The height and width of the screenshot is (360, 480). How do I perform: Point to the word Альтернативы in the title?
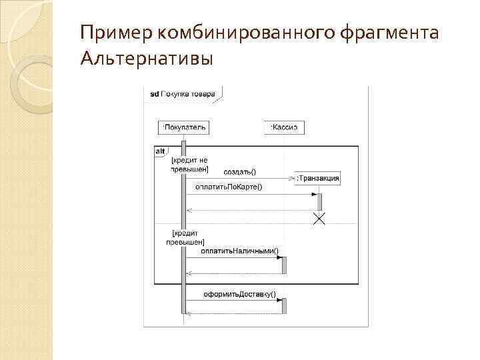click(147, 59)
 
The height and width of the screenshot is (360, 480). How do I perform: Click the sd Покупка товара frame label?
click(182, 94)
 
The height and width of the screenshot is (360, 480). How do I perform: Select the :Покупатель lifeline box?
click(183, 127)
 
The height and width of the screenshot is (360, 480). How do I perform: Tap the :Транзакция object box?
click(319, 177)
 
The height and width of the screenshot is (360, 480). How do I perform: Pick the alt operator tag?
click(160, 151)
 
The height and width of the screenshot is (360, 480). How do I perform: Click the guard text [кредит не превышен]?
click(190, 165)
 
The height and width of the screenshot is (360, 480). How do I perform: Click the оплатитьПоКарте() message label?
click(229, 187)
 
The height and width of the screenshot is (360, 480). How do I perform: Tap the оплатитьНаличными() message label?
click(240, 251)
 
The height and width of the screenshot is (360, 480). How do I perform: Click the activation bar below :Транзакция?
click(319, 201)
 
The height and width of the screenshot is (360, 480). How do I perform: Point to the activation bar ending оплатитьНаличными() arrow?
click(284, 265)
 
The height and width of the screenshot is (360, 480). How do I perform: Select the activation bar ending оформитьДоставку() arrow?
click(284, 305)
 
